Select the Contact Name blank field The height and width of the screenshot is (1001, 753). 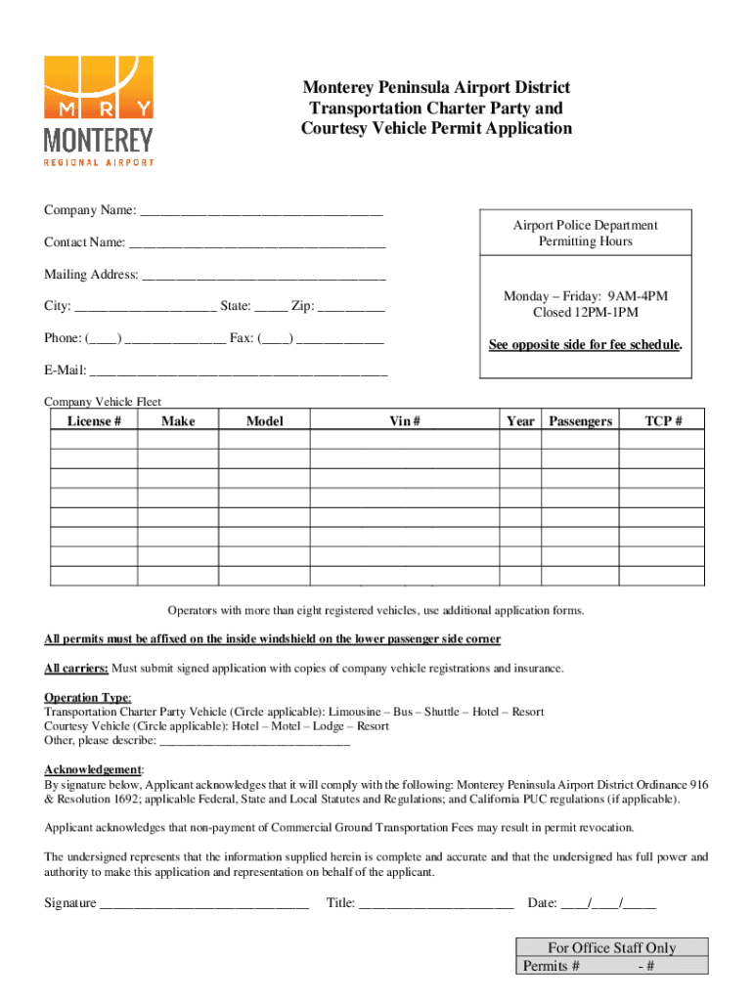(257, 244)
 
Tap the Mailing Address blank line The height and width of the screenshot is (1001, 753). (264, 277)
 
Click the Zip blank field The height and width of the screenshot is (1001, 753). (351, 309)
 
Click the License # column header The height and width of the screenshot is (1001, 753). (94, 421)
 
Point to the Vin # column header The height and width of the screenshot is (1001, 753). (404, 421)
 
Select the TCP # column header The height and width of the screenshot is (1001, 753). (663, 421)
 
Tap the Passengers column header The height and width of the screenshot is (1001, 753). (580, 421)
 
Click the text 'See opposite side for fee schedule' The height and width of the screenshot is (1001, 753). (585, 346)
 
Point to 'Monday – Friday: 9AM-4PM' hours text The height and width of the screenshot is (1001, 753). (585, 296)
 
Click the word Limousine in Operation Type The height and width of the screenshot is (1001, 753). (359, 713)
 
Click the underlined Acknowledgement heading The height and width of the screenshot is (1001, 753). (93, 770)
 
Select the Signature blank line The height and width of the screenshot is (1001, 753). (204, 904)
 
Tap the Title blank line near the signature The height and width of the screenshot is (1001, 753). (436, 904)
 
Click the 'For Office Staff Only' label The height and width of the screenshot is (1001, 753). (611, 948)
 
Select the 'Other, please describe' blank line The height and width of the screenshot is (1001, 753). (253, 741)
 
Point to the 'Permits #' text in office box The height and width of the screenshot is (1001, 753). (552, 967)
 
